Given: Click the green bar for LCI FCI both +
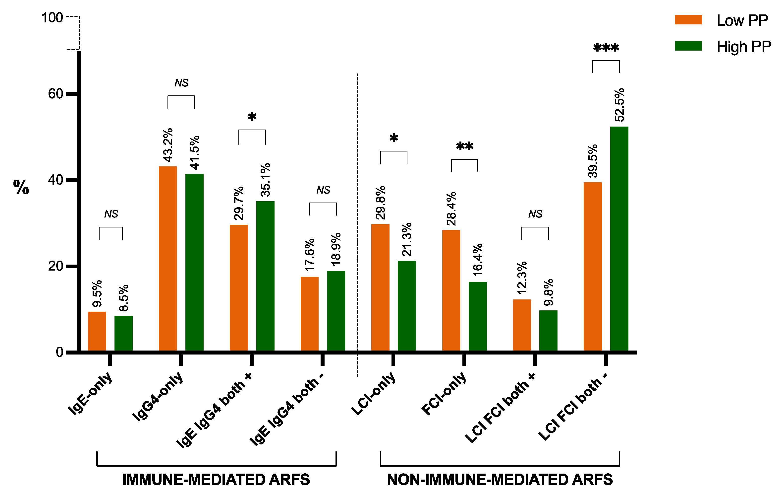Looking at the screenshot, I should (x=548, y=331).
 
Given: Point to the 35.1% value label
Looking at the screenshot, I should (x=266, y=180).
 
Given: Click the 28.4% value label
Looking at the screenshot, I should (x=451, y=209).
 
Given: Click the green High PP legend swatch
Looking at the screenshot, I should (x=688, y=46).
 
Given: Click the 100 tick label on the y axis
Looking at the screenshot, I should (x=52, y=17).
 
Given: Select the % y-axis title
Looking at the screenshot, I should (x=21, y=187).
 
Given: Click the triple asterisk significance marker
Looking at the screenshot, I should (x=606, y=48).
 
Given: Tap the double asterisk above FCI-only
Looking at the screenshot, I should (x=464, y=146).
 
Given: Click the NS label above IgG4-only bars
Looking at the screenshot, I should (x=181, y=83).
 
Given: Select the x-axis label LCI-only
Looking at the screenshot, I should (x=374, y=393).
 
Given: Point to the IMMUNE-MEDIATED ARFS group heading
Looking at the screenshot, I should (x=216, y=480).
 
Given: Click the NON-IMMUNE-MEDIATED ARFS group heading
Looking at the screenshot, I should (x=500, y=480).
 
